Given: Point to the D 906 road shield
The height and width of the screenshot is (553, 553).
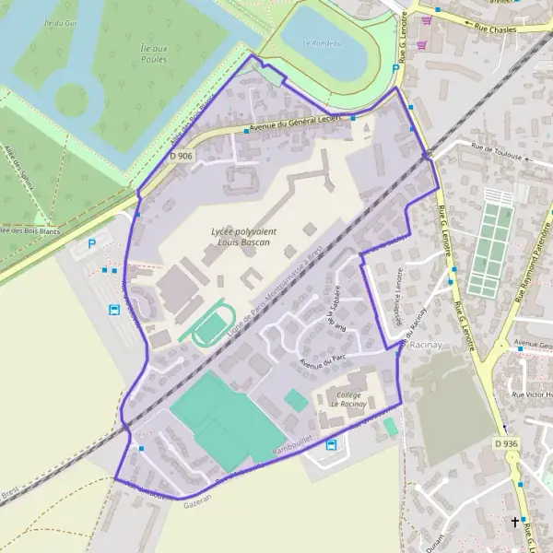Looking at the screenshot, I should click(182, 156).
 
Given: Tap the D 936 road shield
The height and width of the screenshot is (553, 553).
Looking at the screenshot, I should click(505, 443).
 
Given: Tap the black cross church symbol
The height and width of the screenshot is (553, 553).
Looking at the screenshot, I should click(515, 522).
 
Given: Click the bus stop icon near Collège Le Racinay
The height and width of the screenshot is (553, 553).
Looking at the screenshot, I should click(331, 444).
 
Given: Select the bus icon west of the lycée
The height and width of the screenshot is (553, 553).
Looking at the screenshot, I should click(113, 310).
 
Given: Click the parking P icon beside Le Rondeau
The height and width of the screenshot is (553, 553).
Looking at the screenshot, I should click(396, 69).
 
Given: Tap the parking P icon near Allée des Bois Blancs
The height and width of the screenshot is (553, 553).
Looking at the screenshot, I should click(90, 244).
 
